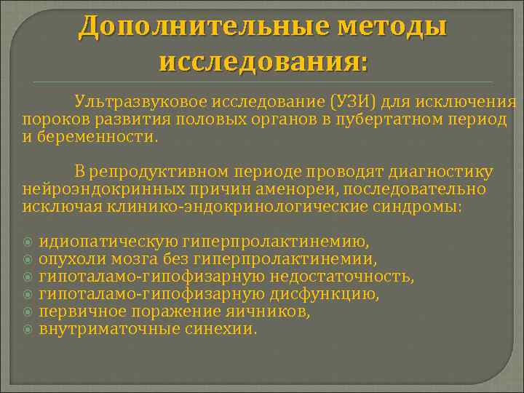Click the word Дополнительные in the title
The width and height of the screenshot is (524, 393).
click(x=196, y=27)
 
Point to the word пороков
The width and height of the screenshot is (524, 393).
click(x=48, y=119)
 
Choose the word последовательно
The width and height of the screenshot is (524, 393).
click(x=406, y=189)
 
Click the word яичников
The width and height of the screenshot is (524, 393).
click(x=273, y=311)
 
